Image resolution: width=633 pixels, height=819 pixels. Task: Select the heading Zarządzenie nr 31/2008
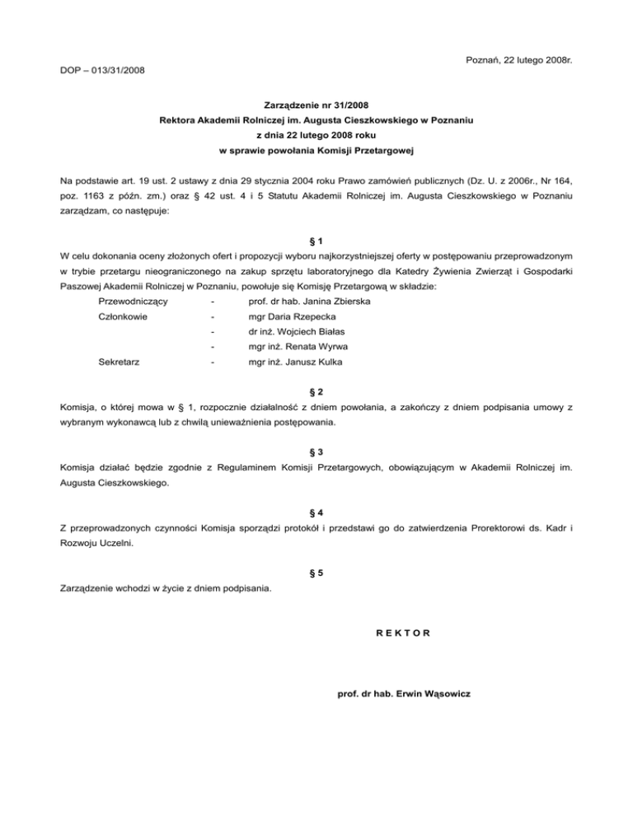click(316, 105)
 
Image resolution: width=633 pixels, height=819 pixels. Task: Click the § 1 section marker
click(316, 239)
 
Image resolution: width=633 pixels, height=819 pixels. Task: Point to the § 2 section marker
click(316, 390)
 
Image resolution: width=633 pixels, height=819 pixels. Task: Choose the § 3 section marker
click(316, 452)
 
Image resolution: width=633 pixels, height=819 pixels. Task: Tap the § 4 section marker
click(316, 513)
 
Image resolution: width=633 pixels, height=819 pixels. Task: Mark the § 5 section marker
click(316, 573)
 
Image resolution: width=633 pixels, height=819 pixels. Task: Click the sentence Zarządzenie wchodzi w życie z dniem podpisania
click(166, 588)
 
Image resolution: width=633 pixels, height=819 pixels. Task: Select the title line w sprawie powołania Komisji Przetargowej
click(316, 151)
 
